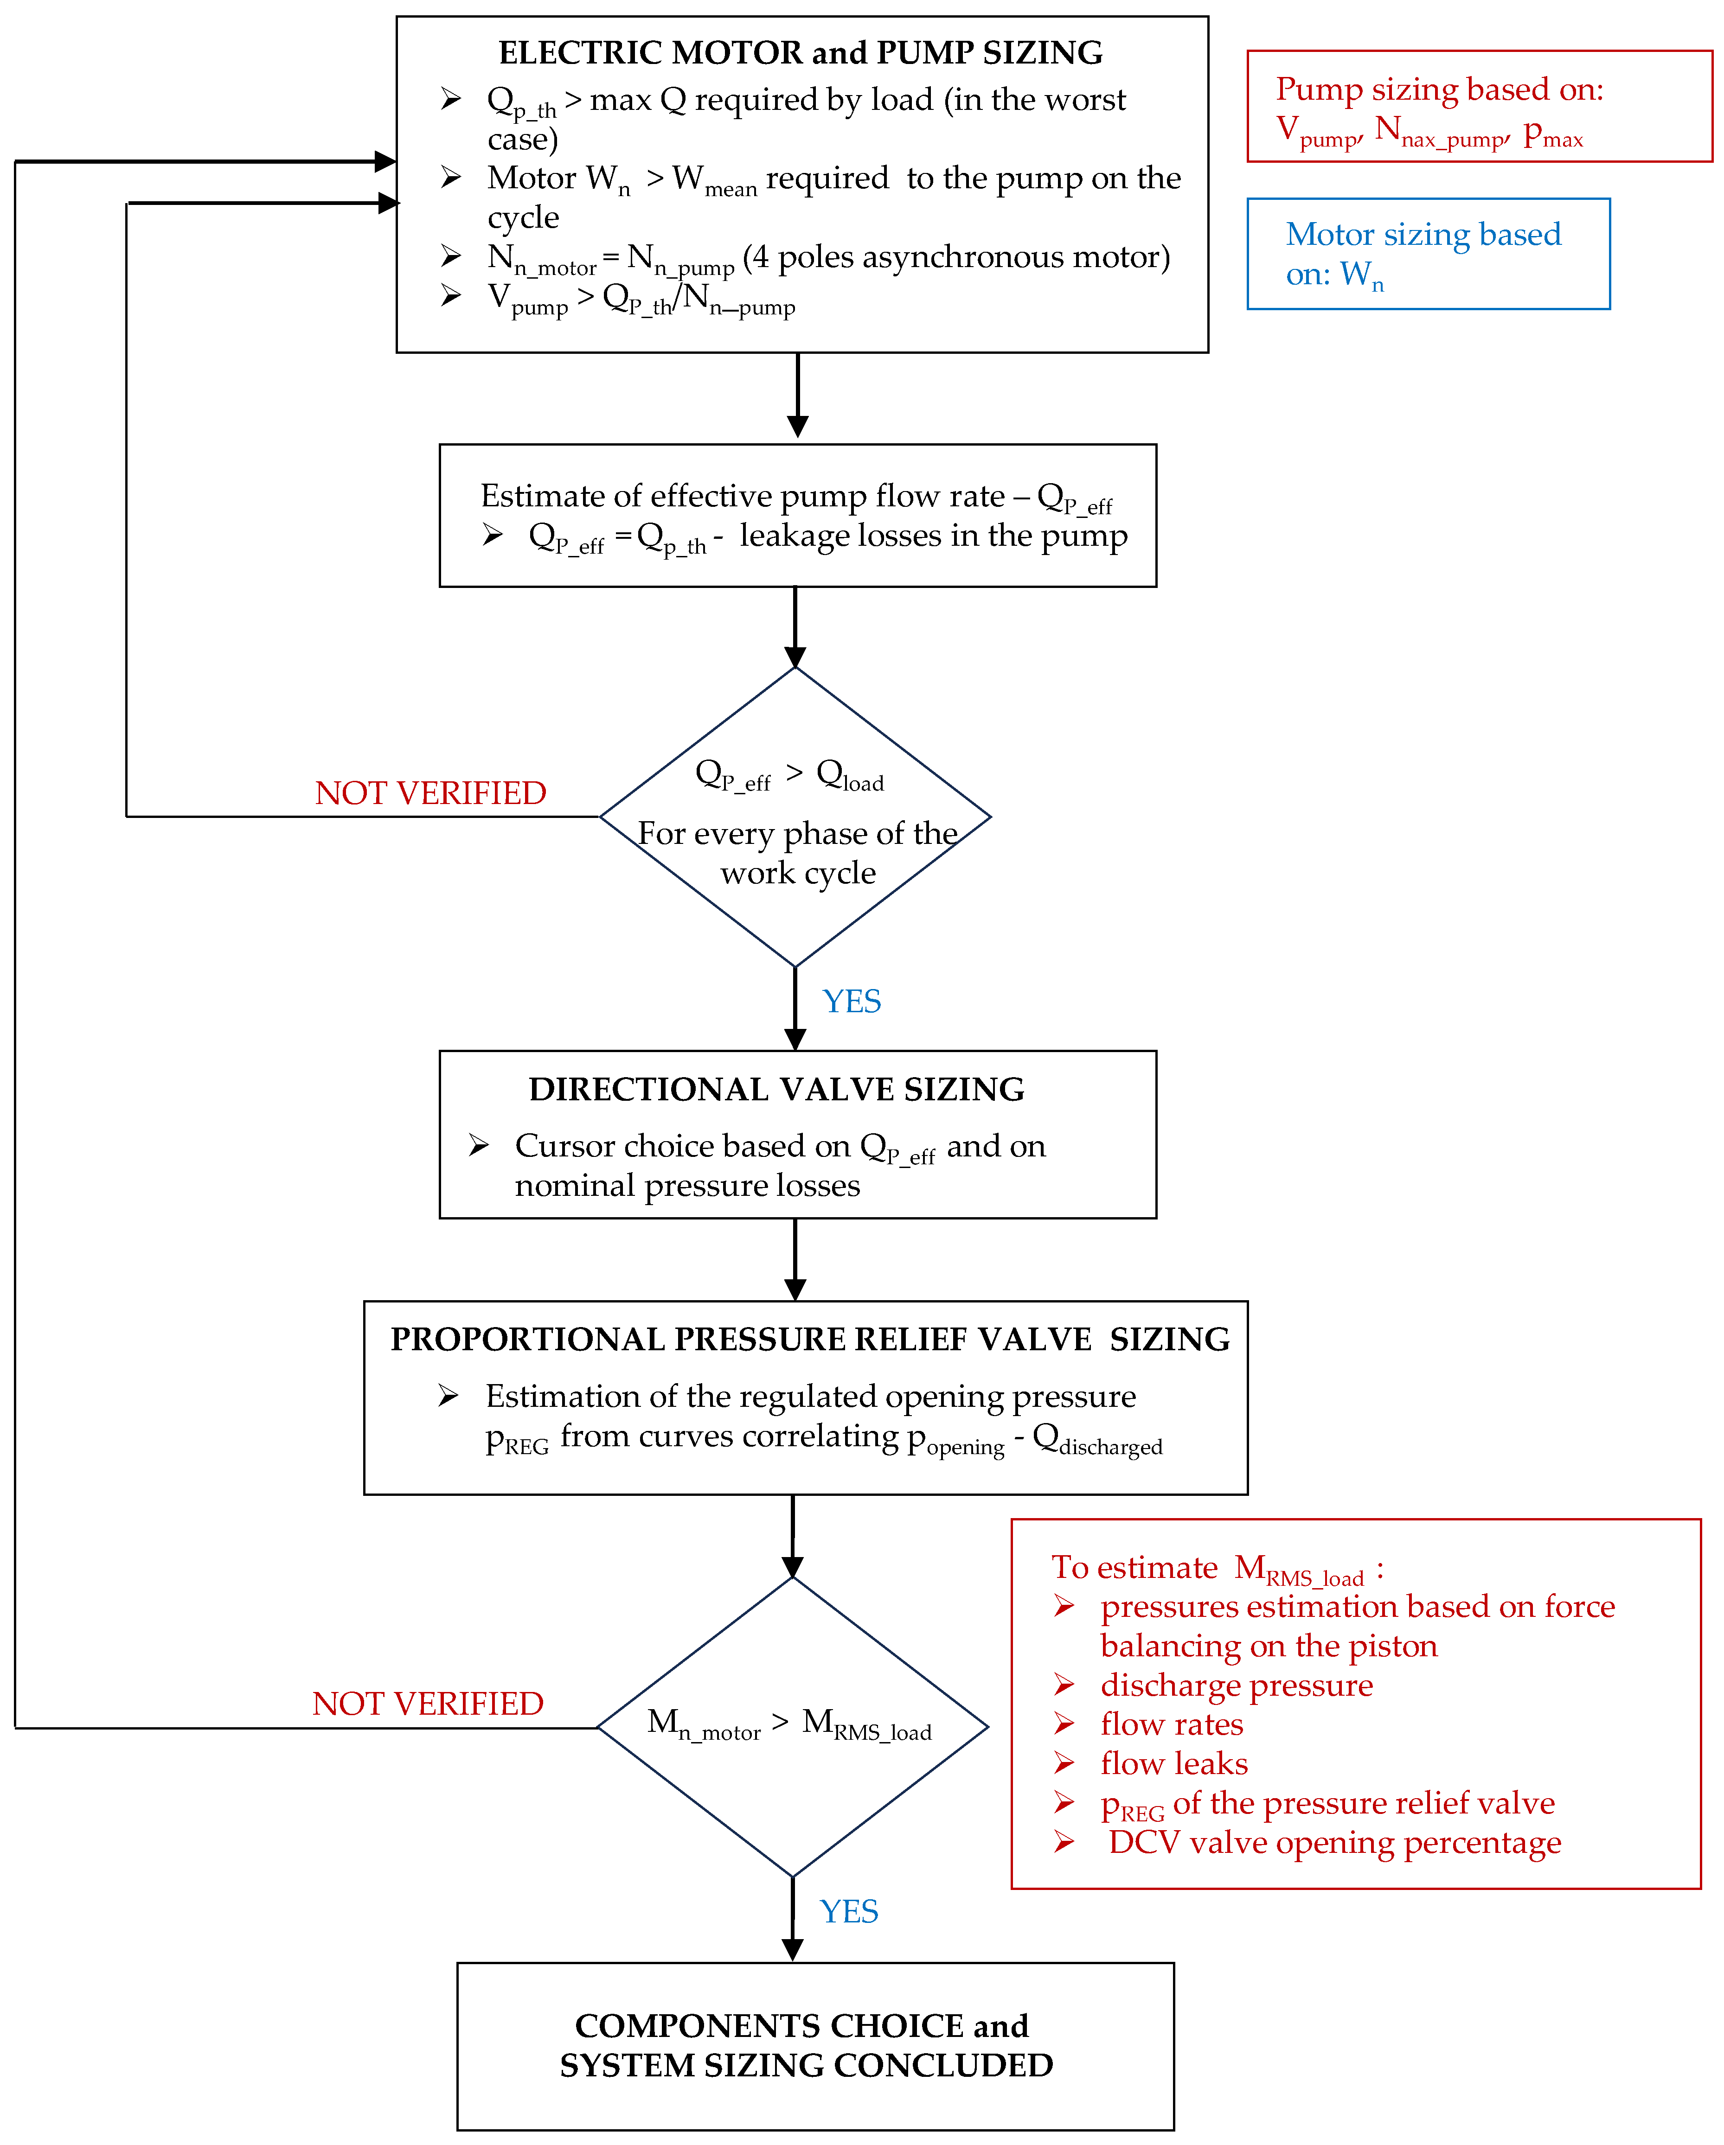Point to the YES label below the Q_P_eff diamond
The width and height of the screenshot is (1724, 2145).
851,1001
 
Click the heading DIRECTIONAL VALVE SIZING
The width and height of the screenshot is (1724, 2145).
776,1089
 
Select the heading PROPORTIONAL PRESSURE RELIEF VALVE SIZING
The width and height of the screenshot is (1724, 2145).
809,1339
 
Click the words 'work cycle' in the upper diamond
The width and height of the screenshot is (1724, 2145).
798,873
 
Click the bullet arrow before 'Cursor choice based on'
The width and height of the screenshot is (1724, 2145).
479,1145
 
